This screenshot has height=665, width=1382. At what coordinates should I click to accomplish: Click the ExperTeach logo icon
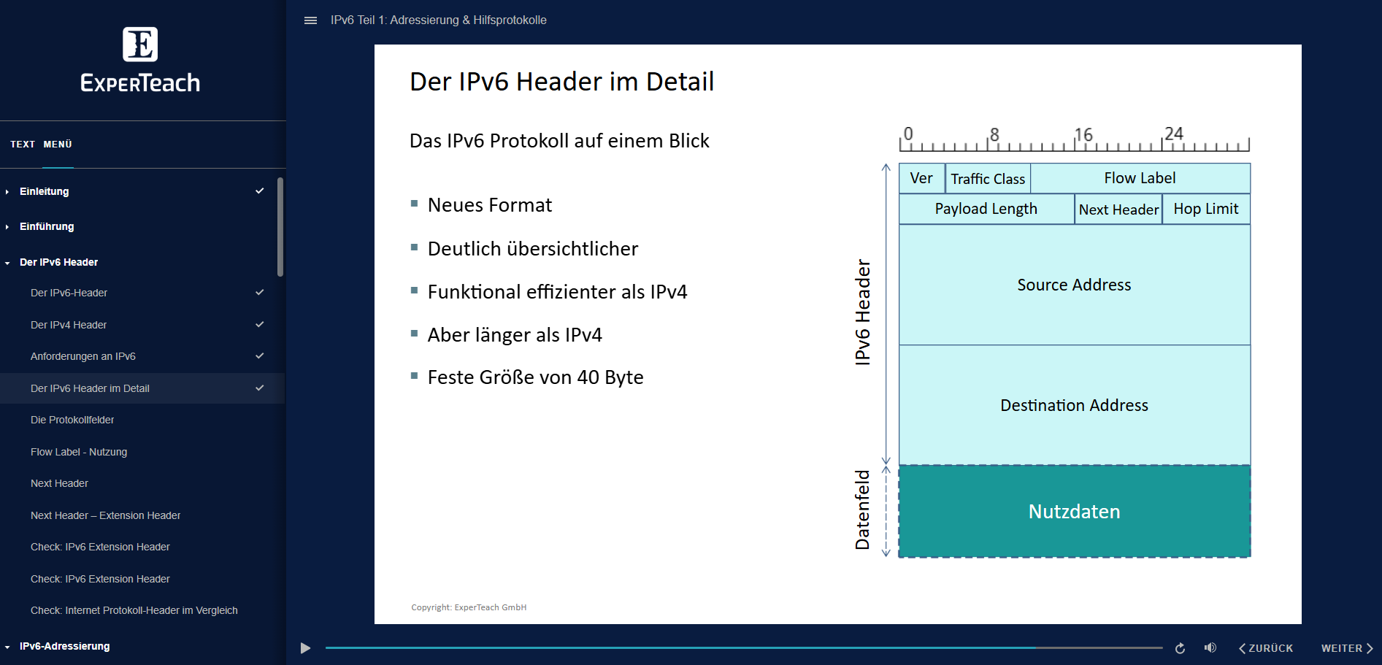click(x=140, y=45)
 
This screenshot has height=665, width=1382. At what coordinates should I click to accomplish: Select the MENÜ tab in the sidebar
click(x=58, y=145)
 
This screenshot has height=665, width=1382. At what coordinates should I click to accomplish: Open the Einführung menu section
click(x=47, y=226)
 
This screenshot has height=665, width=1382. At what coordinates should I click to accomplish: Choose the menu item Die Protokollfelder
click(x=72, y=420)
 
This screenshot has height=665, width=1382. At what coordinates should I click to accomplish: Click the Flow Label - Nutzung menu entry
click(x=79, y=452)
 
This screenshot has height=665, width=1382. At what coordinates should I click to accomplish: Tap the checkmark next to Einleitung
click(x=259, y=191)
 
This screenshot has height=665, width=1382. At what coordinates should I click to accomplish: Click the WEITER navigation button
click(x=1346, y=648)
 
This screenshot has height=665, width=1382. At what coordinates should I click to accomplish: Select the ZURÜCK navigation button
click(x=1266, y=648)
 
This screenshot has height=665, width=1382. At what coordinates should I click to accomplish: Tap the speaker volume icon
click(x=1210, y=647)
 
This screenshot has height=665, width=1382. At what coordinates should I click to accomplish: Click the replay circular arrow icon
click(x=1180, y=648)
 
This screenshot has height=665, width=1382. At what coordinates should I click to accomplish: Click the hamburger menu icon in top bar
click(x=310, y=20)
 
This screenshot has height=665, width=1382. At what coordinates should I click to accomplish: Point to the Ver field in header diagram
click(x=921, y=178)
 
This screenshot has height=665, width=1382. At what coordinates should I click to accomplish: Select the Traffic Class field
click(x=988, y=179)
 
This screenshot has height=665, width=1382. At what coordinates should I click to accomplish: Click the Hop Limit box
click(x=1205, y=210)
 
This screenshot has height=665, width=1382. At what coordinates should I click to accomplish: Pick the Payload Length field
click(x=986, y=210)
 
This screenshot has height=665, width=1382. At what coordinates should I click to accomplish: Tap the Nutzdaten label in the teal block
click(x=1074, y=512)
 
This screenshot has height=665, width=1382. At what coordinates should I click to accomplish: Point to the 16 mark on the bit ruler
click(x=1083, y=135)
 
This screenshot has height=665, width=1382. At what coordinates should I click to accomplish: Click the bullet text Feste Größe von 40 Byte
click(x=535, y=377)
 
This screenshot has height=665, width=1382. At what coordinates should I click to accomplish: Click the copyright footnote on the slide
click(x=469, y=607)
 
